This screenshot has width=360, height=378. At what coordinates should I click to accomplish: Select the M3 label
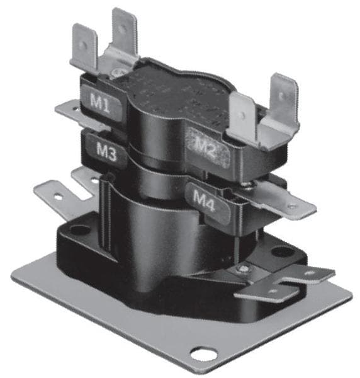(106, 151)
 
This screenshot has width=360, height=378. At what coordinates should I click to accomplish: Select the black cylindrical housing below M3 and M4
(157, 233)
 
